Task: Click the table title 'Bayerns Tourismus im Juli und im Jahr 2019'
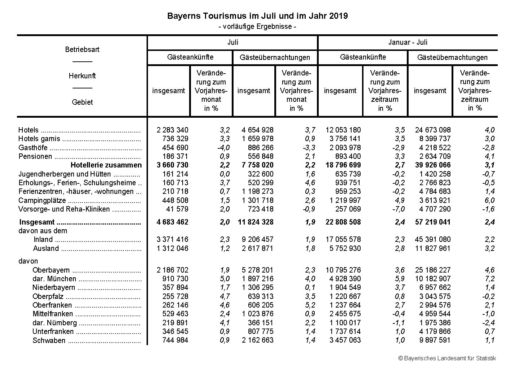257,16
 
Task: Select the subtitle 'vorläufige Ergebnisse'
257,26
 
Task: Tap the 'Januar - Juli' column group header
408,42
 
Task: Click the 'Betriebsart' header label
82,49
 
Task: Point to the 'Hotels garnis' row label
39,139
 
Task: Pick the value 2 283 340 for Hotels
172,130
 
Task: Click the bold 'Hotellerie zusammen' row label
106,165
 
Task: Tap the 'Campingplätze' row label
42,201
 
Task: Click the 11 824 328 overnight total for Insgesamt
256,222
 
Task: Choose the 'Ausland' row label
46,248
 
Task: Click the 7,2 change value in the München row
489,279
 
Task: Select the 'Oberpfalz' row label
48,296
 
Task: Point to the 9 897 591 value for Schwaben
432,340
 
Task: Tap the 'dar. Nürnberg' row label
55,323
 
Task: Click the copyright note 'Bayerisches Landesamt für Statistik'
447,358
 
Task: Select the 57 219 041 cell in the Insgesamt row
432,222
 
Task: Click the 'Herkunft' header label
82,76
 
